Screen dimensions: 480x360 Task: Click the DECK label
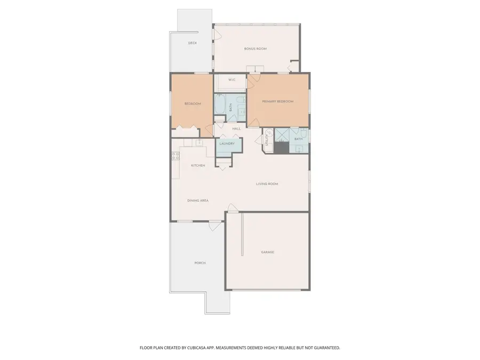click(193, 43)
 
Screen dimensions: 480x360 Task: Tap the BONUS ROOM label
click(255, 49)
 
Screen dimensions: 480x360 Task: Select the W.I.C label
click(232, 80)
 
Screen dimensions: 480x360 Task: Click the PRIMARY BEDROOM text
click(278, 101)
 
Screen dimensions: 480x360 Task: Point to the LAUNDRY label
click(227, 143)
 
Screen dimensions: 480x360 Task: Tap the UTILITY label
click(267, 140)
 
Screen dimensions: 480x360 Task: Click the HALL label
click(236, 129)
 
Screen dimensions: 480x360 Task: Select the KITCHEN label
click(198, 166)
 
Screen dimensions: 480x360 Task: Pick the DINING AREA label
click(198, 201)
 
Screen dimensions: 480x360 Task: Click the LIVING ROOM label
click(267, 184)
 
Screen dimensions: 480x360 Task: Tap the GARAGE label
click(268, 252)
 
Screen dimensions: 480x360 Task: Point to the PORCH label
click(200, 263)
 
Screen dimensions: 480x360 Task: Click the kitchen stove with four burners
click(175, 156)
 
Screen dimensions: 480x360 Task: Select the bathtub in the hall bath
click(220, 104)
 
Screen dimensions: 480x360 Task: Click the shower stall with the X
click(282, 135)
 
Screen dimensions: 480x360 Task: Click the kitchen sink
click(199, 142)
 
